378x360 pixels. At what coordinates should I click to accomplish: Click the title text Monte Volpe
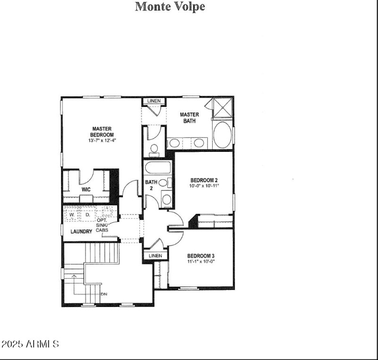coord(170,7)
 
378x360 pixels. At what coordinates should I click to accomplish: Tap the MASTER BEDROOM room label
coord(102,132)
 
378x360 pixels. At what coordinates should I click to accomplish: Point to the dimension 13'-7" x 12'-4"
coord(102,140)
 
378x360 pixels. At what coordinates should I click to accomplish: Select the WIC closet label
coord(86,190)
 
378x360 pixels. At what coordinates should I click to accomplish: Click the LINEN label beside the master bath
coord(154,101)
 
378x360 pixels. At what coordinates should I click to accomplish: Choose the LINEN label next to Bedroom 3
coord(155,256)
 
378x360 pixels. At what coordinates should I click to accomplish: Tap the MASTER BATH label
coord(189,118)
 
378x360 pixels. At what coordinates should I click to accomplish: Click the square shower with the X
coord(223,108)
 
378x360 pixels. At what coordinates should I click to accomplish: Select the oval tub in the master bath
coord(223,134)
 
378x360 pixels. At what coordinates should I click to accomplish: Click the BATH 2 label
coord(151,185)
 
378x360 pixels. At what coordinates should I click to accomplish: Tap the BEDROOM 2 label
coord(204,180)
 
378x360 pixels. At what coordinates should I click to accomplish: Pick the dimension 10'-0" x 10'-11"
coord(204,186)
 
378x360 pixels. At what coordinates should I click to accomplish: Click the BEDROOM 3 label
coord(201,255)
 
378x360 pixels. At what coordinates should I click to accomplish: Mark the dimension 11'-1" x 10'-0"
coord(201,262)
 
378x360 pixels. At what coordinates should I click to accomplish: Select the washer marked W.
coord(72,215)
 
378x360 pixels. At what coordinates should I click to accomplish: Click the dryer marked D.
coord(87,215)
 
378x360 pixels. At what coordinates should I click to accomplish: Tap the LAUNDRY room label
coord(81,232)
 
